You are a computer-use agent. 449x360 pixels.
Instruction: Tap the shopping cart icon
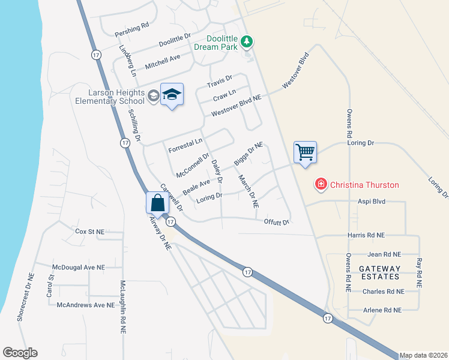click(305, 152)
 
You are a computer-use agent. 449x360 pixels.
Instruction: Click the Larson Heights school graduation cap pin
click(172, 94)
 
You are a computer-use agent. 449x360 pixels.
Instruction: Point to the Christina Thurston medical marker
click(321, 184)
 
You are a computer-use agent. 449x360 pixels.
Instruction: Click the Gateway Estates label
click(379, 272)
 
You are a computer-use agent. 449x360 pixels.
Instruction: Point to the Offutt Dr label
click(277, 222)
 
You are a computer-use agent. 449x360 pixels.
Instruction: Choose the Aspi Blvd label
click(370, 203)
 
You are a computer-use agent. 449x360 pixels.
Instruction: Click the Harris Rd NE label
click(366, 235)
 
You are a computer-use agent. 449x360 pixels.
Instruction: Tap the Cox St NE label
click(89, 231)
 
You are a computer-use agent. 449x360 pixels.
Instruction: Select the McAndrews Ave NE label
click(85, 305)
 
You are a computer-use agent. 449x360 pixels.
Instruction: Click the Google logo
click(20, 353)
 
